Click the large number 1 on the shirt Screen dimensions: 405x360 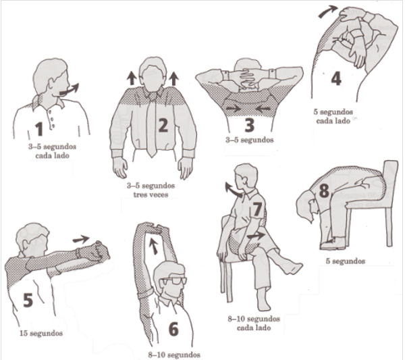click(x=39, y=129)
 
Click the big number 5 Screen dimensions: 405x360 click(x=28, y=300)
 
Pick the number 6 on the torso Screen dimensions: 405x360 click(x=173, y=329)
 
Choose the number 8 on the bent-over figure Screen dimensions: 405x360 click(x=324, y=190)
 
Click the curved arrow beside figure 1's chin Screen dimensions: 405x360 click(x=70, y=90)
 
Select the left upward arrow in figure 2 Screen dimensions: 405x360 click(x=132, y=78)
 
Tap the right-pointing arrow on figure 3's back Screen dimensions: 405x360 click(x=234, y=109)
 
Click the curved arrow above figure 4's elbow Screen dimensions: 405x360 click(x=328, y=11)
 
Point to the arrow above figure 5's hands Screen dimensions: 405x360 click(x=81, y=239)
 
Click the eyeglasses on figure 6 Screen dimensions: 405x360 click(x=173, y=281)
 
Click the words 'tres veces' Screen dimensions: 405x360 click(x=151, y=195)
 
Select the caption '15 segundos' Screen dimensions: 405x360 click(x=41, y=333)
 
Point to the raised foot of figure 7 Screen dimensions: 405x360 click(x=292, y=267)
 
